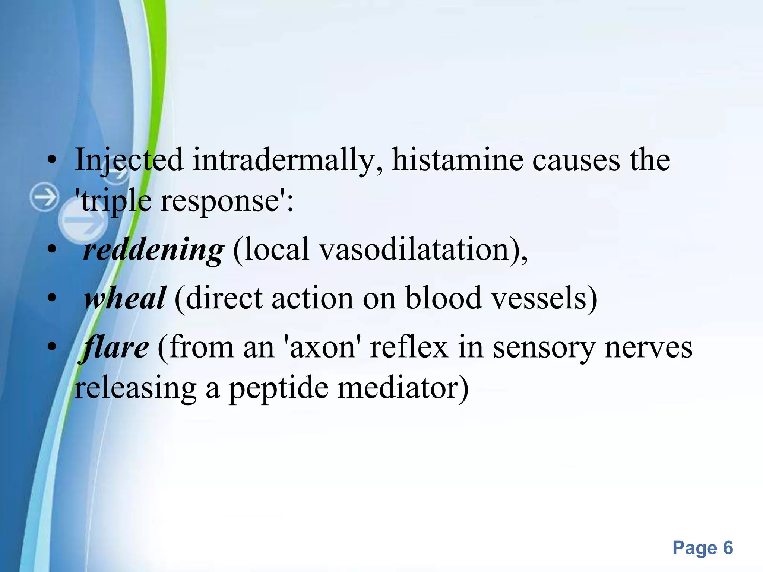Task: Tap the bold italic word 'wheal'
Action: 125,298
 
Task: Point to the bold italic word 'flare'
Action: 115,347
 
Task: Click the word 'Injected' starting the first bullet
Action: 129,160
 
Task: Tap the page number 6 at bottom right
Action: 728,548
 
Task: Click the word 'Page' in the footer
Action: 695,548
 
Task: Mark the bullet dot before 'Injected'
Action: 52,161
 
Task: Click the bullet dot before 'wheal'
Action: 52,299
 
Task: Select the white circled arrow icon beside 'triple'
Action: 44,197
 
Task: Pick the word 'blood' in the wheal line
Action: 443,298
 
